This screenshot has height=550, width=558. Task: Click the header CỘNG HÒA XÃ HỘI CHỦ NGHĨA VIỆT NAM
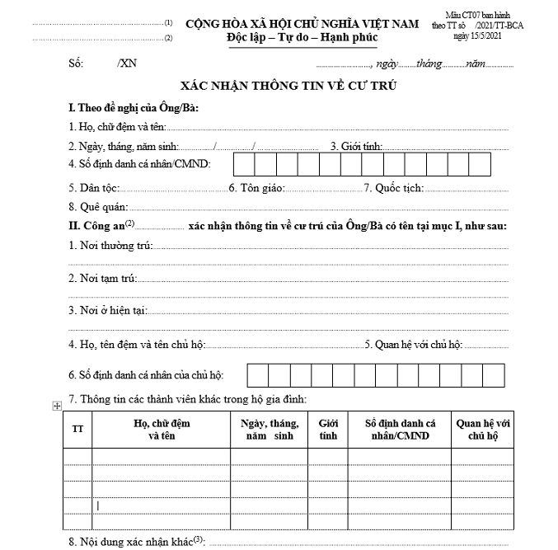pyautogui.click(x=302, y=24)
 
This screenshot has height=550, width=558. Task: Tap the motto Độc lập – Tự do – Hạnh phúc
pyautogui.click(x=302, y=38)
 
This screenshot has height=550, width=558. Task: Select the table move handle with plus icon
pyautogui.click(x=57, y=406)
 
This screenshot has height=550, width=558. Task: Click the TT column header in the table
pyautogui.click(x=77, y=430)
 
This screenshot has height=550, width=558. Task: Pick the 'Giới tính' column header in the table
pyautogui.click(x=327, y=430)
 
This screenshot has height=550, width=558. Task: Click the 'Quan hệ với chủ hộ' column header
pyautogui.click(x=483, y=430)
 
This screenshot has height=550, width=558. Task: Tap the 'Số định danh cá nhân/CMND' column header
pyautogui.click(x=401, y=430)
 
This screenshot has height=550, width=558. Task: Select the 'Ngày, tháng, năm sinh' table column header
pyautogui.click(x=269, y=430)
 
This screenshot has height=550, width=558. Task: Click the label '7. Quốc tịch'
pyautogui.click(x=394, y=188)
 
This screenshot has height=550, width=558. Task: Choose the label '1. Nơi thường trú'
pyautogui.click(x=110, y=246)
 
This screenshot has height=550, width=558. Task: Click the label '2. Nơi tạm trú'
pyautogui.click(x=102, y=279)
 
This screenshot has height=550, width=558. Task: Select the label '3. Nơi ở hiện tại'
pyautogui.click(x=107, y=310)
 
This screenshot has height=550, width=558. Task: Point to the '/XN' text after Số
pyautogui.click(x=127, y=64)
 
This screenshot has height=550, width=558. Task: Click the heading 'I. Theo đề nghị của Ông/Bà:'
pyautogui.click(x=134, y=108)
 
